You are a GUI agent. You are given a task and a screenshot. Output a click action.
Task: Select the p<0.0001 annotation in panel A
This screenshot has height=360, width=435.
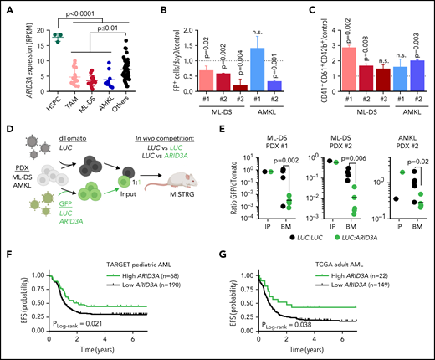(79, 10)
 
